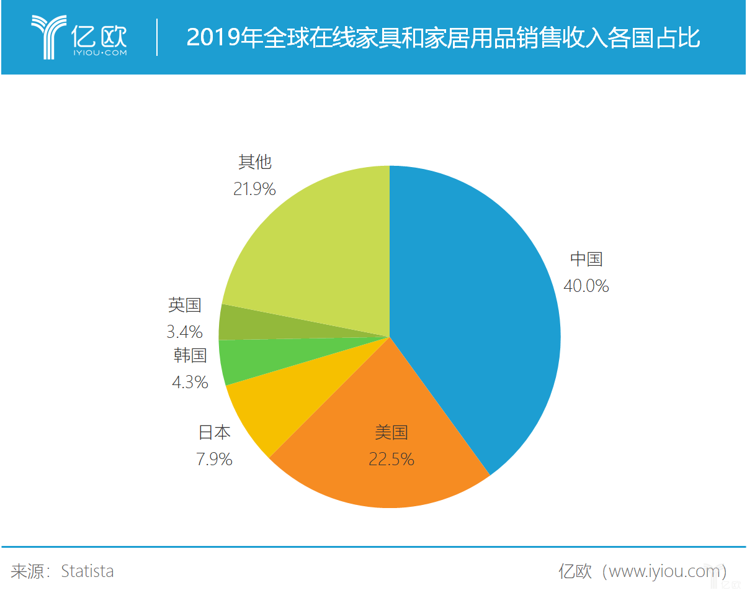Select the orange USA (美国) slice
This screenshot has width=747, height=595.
378,472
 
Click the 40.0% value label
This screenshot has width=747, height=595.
586,286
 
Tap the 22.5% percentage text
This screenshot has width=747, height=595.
391,459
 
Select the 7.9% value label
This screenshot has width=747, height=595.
214,459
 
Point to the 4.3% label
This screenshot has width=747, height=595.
190,381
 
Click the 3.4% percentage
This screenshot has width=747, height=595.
184,332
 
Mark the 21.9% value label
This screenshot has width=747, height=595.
254,189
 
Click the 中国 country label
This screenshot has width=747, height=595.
586,258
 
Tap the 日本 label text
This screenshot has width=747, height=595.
215,432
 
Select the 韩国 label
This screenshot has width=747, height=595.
190,355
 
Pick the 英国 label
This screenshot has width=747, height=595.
185,305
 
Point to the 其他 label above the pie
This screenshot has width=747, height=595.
255,162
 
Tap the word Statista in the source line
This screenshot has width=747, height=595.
87,571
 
